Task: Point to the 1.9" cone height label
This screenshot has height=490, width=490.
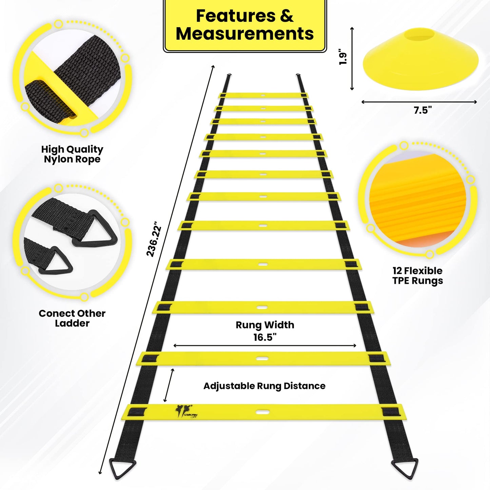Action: tap(343, 59)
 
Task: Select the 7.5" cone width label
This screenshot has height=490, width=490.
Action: tap(423, 110)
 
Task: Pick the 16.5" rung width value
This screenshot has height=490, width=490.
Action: tap(265, 337)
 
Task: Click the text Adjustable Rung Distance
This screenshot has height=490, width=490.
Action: tap(264, 386)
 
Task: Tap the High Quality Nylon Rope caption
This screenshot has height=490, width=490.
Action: tap(72, 154)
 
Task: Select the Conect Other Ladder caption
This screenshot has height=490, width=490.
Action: tap(72, 318)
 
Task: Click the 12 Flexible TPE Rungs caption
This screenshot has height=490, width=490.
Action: tap(417, 276)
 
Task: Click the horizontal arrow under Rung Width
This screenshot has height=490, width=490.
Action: tap(265, 346)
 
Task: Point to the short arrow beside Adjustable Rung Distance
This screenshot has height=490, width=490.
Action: tap(169, 385)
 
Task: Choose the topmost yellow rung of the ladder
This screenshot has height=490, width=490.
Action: tap(263, 95)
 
